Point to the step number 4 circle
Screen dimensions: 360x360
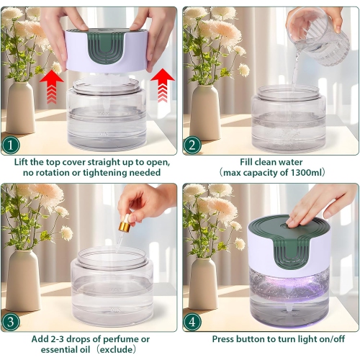(x=192, y=320)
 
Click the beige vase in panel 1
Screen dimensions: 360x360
(x=21, y=108)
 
